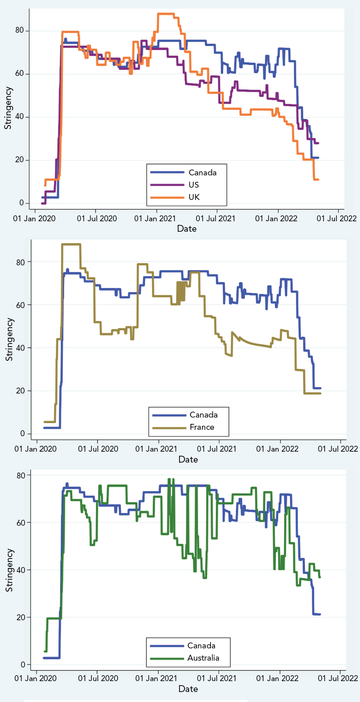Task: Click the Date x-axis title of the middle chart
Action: [188, 459]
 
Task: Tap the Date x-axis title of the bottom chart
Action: [188, 689]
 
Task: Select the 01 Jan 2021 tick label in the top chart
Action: [157, 219]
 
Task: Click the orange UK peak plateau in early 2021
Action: [166, 14]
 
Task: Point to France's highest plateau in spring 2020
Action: [71, 244]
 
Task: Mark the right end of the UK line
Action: [318, 179]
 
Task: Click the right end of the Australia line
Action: [320, 577]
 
